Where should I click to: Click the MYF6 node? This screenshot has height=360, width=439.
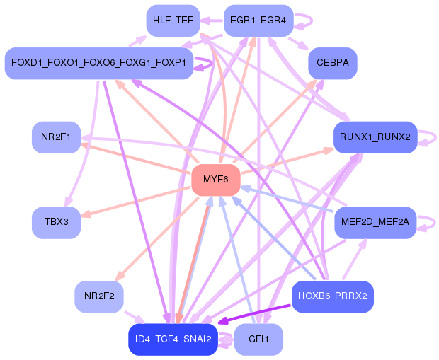point(215,180)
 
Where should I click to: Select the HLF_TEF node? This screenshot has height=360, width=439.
point(173,21)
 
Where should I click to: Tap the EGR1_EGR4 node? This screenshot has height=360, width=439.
point(258,21)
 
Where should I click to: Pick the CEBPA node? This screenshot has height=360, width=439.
point(332,63)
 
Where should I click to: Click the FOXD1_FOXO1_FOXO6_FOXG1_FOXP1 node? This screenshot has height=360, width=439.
point(98,63)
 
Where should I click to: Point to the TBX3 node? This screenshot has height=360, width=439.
point(56,222)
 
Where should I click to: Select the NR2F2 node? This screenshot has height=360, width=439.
point(98,296)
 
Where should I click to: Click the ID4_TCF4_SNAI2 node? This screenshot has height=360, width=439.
point(173,339)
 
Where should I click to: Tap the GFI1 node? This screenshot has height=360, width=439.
point(258,339)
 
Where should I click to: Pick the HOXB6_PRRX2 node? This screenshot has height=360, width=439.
point(332,296)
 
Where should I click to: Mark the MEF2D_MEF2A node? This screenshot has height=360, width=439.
point(375,222)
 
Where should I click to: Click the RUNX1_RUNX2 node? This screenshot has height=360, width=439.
point(375,137)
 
